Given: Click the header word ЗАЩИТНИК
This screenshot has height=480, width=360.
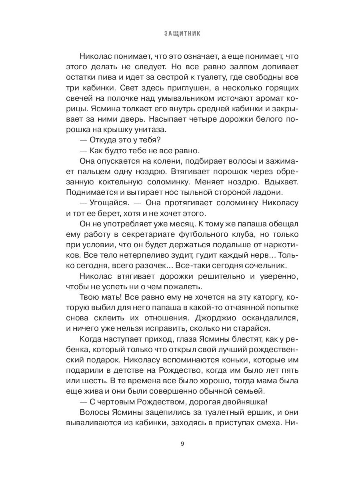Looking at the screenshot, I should pos(182,34).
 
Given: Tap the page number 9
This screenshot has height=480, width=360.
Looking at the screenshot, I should pos(182,444).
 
